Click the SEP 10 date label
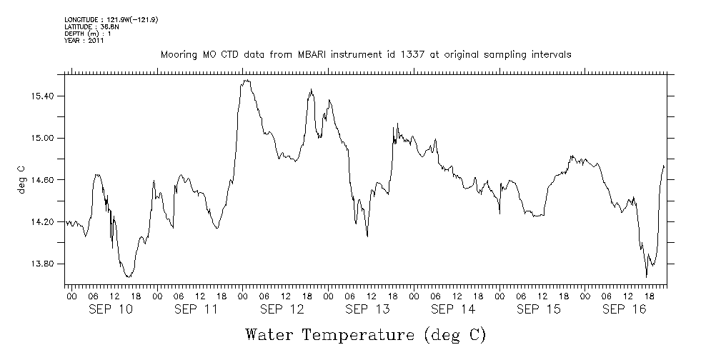pos(110,309)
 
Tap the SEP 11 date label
pos(196,309)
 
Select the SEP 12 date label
pos(282,309)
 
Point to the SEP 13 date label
pos(367,309)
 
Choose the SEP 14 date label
pos(453,309)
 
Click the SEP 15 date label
pos(539,309)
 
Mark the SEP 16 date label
pos(625,309)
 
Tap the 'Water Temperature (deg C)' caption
pos(367,334)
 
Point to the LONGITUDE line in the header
pos(111,19)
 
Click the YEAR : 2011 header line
pos(84,41)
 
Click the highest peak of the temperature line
pos(247,81)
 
